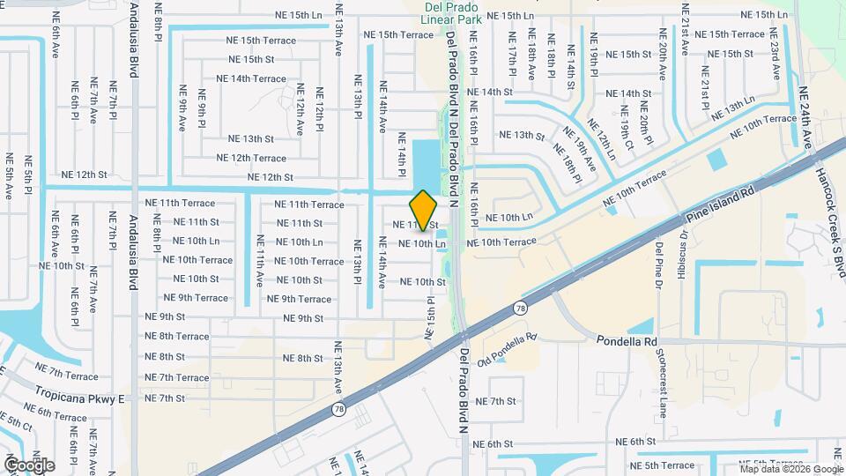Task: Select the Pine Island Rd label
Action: (x=722, y=204)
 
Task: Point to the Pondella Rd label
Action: (x=627, y=341)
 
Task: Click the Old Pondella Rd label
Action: (x=508, y=350)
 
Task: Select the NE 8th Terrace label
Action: (x=177, y=336)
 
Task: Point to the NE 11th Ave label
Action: (x=260, y=261)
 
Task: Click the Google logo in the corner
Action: (x=29, y=465)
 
